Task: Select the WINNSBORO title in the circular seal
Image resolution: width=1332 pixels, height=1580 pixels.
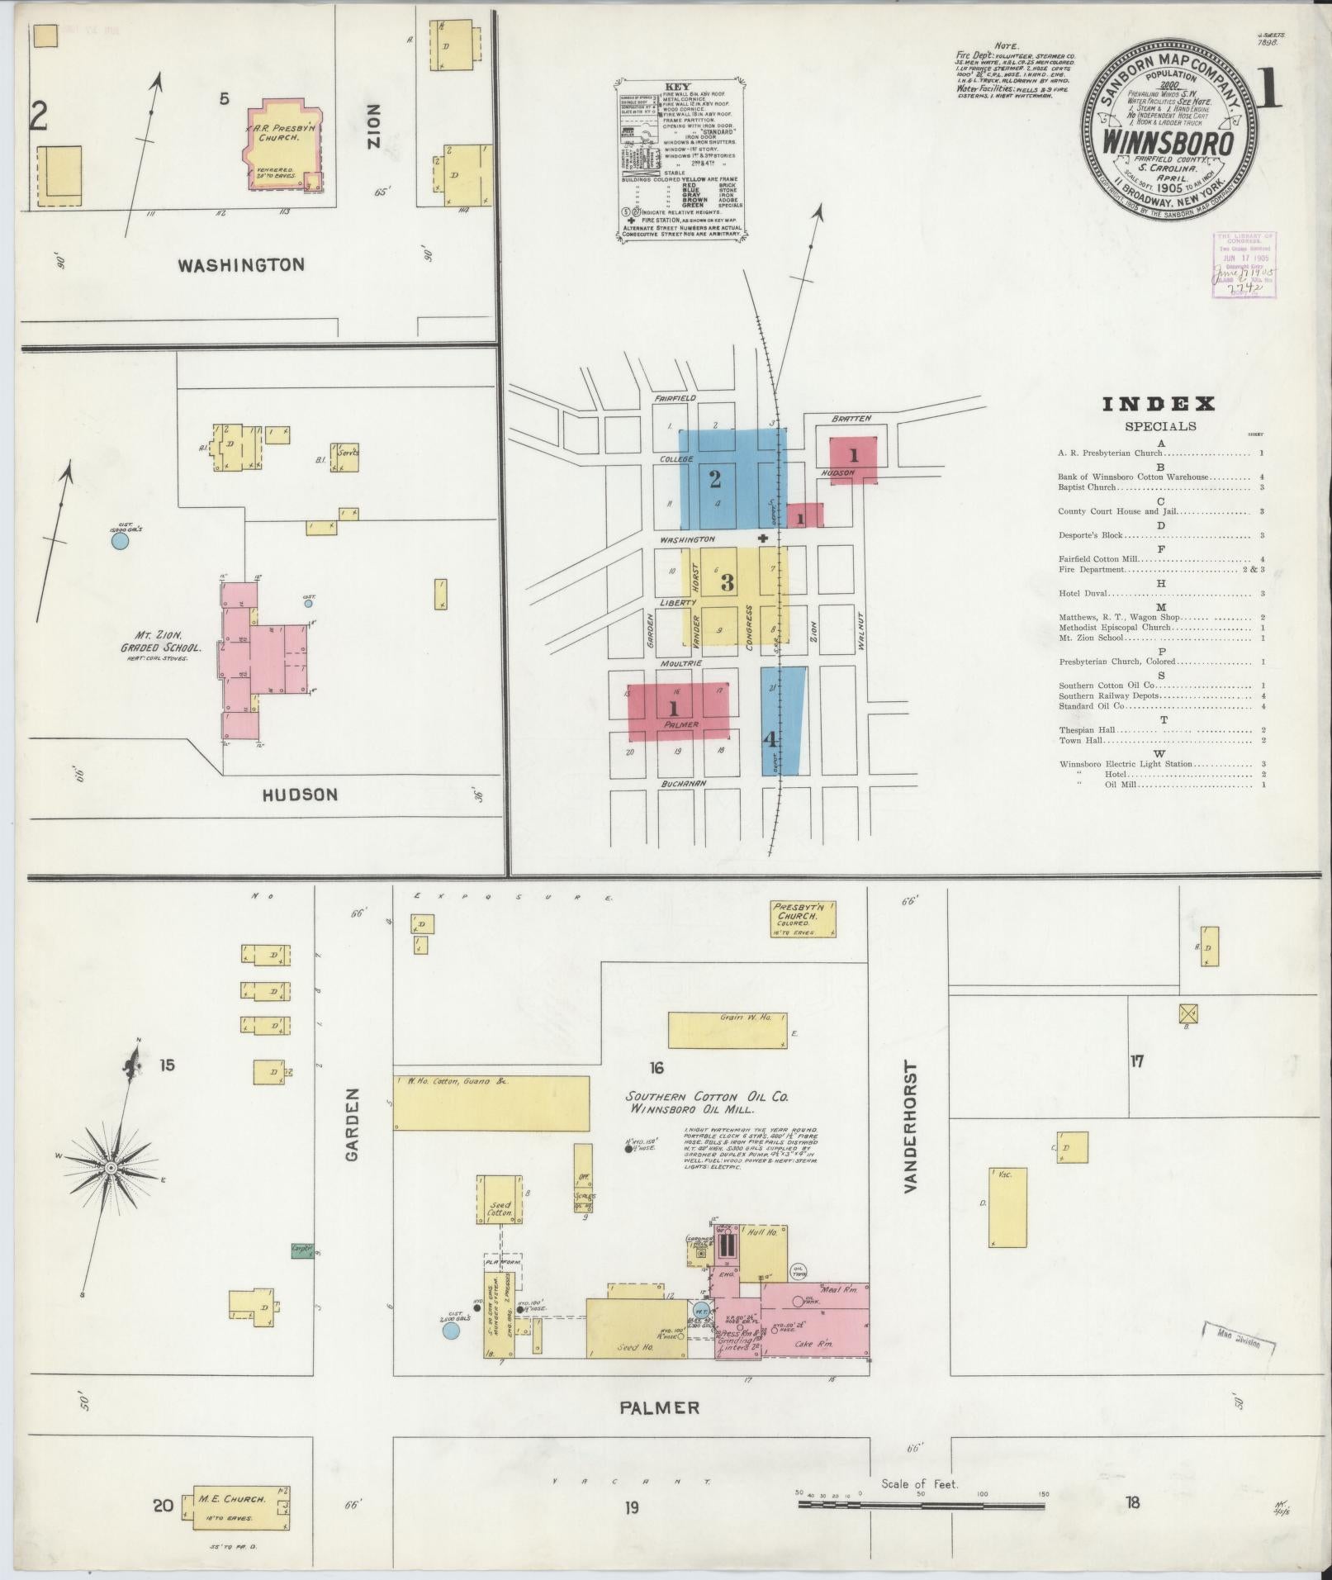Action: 1169,143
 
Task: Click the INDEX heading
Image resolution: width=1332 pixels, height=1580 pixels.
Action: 1159,404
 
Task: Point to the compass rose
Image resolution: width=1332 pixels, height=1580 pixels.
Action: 111,1167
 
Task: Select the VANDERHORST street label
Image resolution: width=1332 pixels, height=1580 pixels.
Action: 910,1127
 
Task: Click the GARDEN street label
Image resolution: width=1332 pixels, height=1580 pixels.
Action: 353,1125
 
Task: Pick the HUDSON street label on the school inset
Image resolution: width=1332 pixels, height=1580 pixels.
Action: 300,795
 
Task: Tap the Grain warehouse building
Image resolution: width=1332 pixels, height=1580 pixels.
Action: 727,1029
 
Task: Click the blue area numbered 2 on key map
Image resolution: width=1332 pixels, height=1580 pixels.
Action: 715,478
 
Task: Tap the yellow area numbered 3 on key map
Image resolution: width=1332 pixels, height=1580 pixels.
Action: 727,582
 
